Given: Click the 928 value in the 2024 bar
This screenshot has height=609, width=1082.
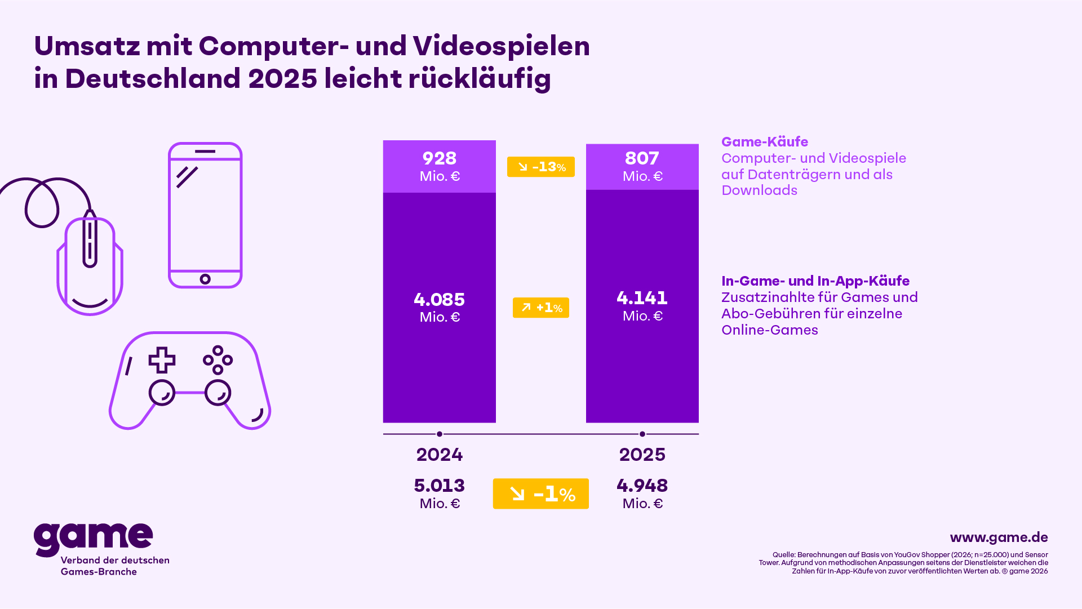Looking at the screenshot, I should [x=439, y=159].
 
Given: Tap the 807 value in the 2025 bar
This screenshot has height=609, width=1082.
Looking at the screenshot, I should [x=642, y=159].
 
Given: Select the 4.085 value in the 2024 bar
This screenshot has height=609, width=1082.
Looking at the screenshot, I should [x=439, y=300].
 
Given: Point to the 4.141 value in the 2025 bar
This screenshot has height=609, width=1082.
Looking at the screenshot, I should [x=642, y=298].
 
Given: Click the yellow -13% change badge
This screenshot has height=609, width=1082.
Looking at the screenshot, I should [x=540, y=167].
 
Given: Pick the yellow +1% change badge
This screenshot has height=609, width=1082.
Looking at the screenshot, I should [x=540, y=308].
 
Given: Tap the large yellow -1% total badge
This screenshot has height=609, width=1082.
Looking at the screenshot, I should [x=540, y=494].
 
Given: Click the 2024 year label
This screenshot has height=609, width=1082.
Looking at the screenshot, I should [x=439, y=455].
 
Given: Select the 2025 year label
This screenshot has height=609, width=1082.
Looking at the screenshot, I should [x=642, y=455].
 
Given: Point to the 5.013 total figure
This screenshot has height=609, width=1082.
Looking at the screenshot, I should [x=439, y=486].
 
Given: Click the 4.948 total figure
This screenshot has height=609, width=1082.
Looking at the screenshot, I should [x=642, y=486].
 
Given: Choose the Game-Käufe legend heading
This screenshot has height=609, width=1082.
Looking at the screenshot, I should [x=764, y=142].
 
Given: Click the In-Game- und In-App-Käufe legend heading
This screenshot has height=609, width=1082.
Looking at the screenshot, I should [x=815, y=281].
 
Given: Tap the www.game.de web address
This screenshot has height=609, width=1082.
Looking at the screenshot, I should [x=999, y=537].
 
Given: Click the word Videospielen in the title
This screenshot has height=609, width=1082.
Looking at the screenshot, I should [x=501, y=46].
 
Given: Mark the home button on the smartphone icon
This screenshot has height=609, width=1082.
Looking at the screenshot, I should [x=205, y=279].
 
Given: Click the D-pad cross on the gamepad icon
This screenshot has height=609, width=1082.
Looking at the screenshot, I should [x=162, y=360].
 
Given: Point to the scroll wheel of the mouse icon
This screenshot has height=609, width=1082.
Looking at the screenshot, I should [x=90, y=242].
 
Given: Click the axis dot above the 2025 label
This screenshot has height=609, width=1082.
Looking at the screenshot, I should [x=642, y=434].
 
